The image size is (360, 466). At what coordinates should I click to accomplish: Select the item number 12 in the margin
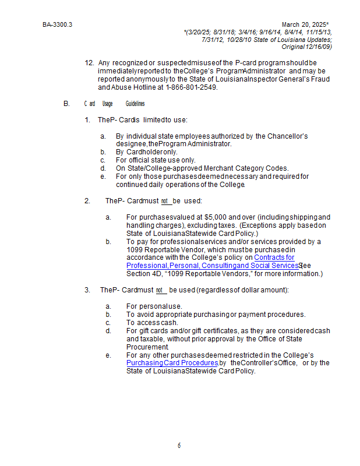click(89, 62)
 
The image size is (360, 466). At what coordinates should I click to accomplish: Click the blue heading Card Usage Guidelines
click(114, 104)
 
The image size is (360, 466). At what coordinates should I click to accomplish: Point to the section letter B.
click(66, 104)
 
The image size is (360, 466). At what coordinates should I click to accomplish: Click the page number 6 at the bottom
click(179, 446)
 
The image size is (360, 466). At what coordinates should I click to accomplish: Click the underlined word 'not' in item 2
click(164, 201)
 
